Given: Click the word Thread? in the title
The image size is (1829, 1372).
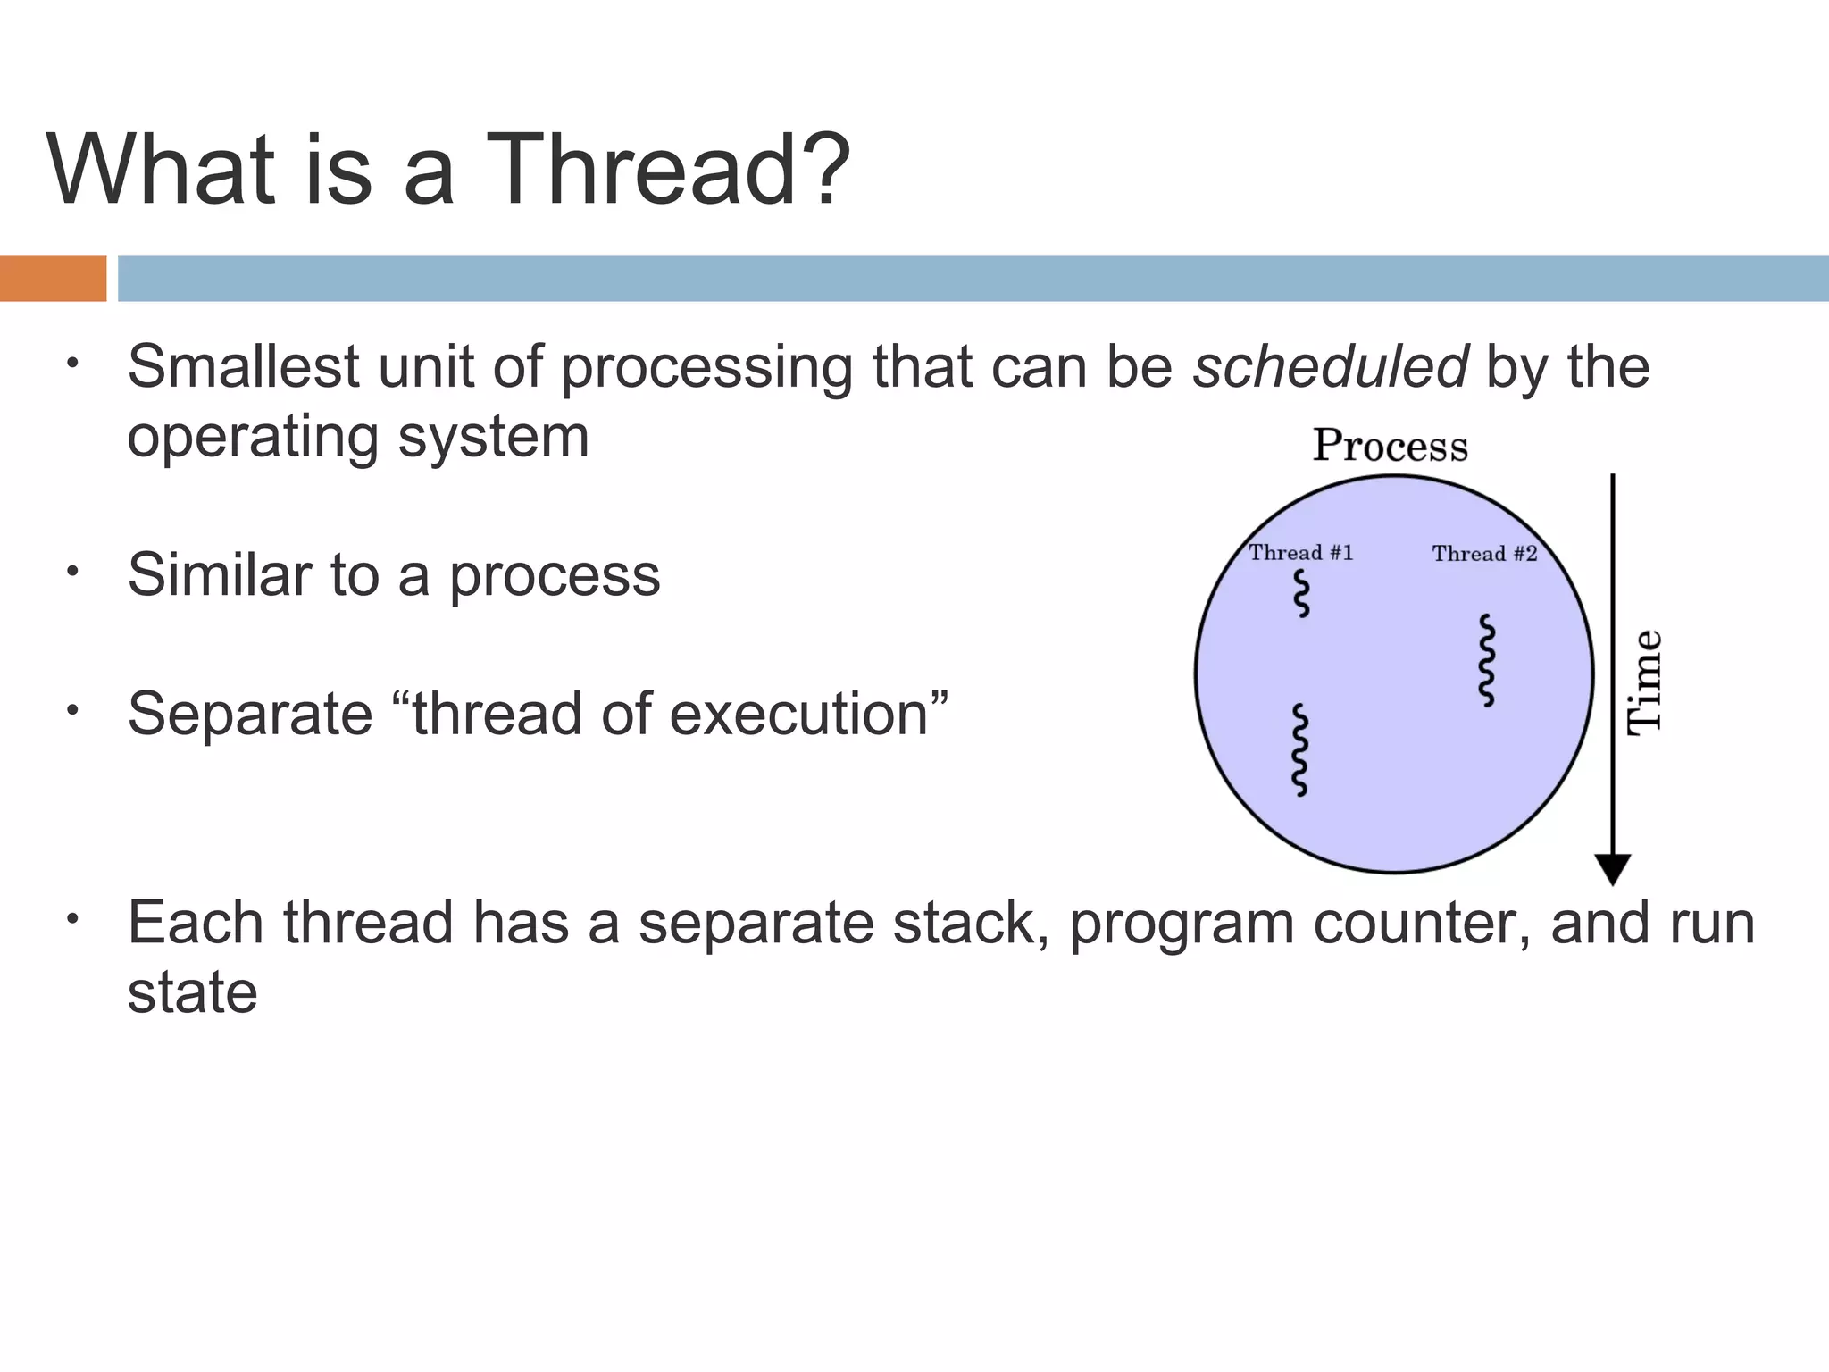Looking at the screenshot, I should [668, 170].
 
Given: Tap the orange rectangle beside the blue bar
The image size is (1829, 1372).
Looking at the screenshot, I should [53, 279].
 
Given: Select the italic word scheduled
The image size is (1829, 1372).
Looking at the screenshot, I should [1330, 367].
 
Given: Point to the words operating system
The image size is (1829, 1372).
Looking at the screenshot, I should [357, 438].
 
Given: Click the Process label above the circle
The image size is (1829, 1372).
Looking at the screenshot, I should [1390, 446].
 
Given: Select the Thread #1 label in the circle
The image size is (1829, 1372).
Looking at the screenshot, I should [1300, 553].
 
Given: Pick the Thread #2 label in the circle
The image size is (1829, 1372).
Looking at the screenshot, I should [1484, 554].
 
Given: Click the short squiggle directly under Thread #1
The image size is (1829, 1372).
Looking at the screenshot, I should [1302, 595].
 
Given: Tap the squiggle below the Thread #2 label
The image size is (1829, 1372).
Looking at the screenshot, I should [1487, 661].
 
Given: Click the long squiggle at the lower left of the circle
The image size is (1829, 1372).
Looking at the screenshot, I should [1300, 750].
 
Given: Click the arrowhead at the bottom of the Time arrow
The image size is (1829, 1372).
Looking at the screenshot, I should [1613, 868].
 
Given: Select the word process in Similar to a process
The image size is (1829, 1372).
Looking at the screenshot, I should [554, 576].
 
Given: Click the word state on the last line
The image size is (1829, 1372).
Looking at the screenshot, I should [192, 993].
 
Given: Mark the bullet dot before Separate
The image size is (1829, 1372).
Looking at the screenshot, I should [73, 711].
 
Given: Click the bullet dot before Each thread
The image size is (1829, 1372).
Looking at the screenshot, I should [73, 919].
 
